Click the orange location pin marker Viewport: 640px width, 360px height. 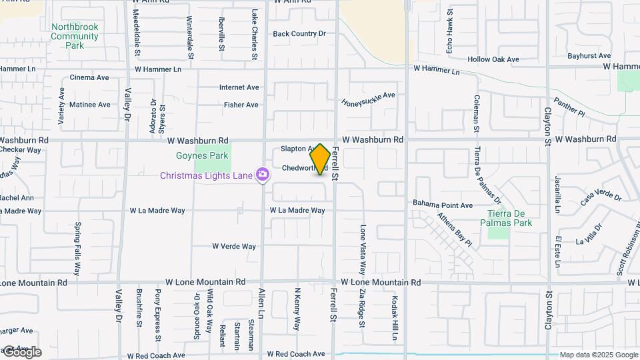click(320, 159)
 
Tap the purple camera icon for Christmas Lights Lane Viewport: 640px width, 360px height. click(263, 175)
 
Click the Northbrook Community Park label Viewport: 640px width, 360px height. click(75, 36)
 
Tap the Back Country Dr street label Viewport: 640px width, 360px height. click(299, 33)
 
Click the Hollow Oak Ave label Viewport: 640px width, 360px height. click(493, 59)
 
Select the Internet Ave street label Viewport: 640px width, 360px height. click(239, 87)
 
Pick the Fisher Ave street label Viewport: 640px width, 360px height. click(241, 105)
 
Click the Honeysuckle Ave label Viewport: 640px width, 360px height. click(368, 99)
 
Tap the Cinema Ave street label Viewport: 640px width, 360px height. click(89, 77)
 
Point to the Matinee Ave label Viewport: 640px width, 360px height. click(90, 105)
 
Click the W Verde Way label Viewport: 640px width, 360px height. click(234, 246)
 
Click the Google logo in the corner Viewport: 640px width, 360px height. click(21, 352)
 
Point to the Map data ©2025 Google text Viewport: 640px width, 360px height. click(599, 355)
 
